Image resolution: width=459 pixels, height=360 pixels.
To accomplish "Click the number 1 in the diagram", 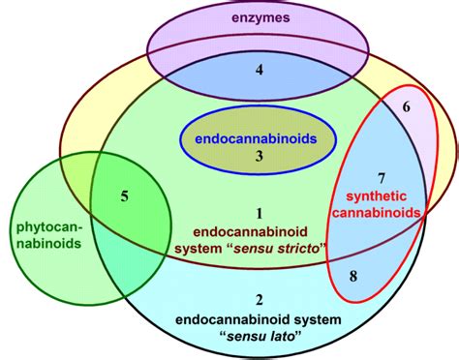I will pos(258,212).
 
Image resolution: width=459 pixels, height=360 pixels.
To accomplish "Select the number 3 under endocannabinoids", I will pos(259,156).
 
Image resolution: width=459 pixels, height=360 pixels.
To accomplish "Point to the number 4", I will pos(259,69).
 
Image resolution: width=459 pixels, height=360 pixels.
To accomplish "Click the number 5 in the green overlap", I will pos(124,197).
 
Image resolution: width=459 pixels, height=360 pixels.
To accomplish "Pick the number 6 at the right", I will pos(407,107).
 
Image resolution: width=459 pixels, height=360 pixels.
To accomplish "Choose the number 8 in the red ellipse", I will pos(352,277).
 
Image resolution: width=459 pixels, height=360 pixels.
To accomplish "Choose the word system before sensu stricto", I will pos(216,249).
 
